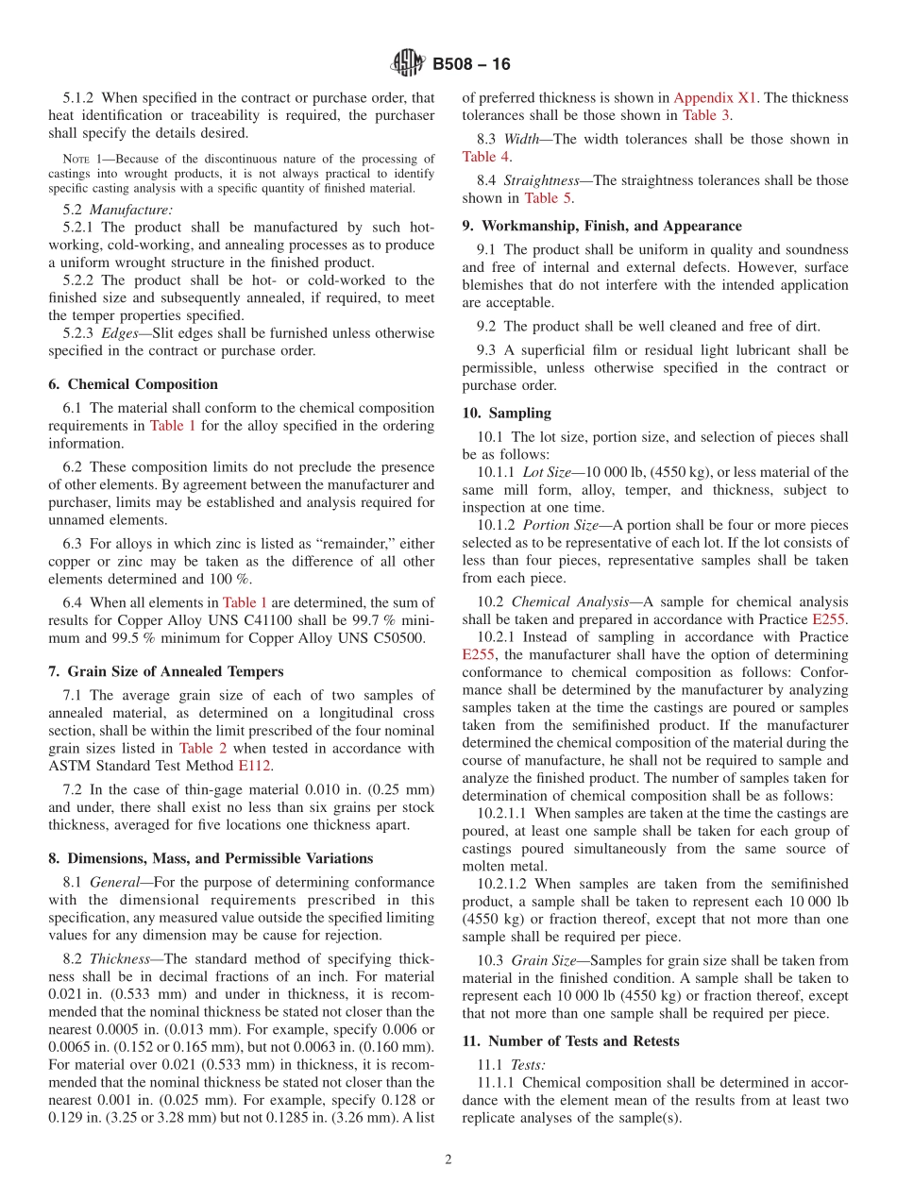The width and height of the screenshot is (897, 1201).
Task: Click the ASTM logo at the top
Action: pos(409,64)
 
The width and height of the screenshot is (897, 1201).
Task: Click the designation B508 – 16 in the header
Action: pos(471,64)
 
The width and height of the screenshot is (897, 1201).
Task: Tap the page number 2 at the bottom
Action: pos(448,1159)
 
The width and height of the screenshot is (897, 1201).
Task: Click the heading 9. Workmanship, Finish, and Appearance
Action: pos(601,226)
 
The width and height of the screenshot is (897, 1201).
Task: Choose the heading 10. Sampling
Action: pos(506,413)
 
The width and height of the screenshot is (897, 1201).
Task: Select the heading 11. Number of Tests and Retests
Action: pos(571,1040)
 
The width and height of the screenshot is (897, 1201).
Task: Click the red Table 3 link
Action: pos(705,115)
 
